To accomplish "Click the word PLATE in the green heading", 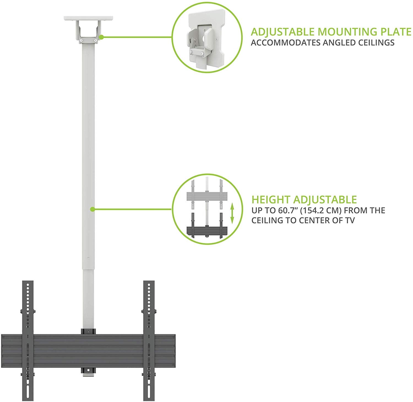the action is point(395,32).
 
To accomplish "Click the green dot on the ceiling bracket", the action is point(101,37).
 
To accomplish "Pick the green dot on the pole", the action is point(93,210).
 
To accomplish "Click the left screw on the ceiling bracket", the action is point(81,40).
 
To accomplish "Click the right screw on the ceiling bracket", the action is point(96,40).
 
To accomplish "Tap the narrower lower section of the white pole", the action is point(88,299).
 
